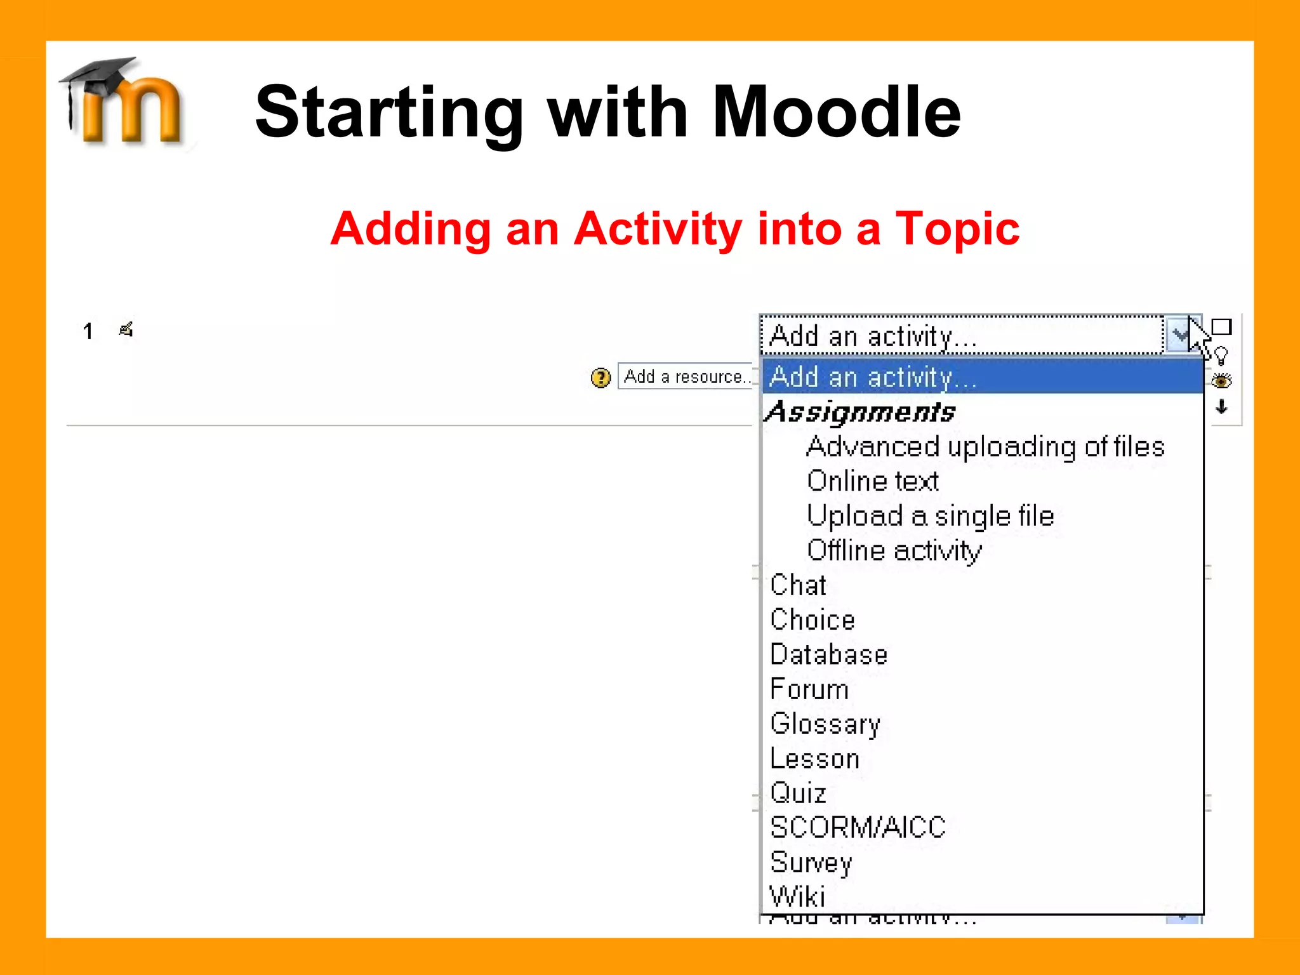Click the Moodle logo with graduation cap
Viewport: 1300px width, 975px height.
tap(124, 102)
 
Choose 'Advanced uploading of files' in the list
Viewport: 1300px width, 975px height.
tap(985, 447)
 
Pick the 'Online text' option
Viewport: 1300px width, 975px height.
tap(872, 481)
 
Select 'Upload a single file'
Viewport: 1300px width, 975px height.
tap(930, 516)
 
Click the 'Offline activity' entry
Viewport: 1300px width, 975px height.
tap(894, 550)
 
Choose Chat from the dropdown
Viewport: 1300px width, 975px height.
tap(798, 585)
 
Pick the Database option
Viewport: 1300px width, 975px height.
tap(828, 654)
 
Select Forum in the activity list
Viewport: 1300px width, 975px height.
tap(809, 689)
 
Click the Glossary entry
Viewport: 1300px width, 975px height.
tap(825, 724)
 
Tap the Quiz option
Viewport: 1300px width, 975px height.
tap(798, 793)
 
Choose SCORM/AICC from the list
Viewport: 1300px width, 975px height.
tap(857, 828)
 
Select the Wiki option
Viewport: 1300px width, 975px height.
tap(797, 896)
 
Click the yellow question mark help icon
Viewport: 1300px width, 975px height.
tap(600, 378)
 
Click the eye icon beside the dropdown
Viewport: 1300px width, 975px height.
tap(1221, 381)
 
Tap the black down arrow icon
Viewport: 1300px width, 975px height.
tap(1221, 407)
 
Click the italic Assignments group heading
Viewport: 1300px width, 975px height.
tap(860, 413)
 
